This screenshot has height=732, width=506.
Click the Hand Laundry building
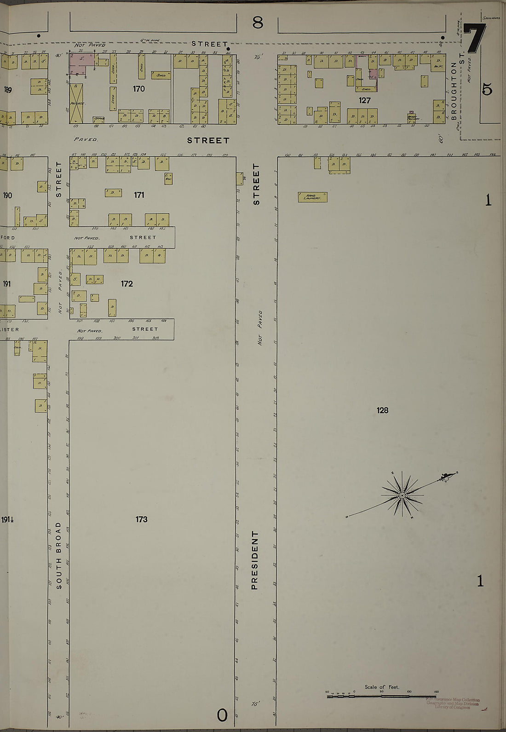(x=312, y=197)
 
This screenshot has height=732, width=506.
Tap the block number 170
(x=138, y=89)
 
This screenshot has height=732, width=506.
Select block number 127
(x=365, y=100)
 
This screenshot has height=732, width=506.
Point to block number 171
(x=139, y=195)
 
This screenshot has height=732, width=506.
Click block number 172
(x=127, y=284)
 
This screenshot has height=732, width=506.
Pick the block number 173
(x=141, y=519)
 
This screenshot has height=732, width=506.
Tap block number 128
(x=382, y=410)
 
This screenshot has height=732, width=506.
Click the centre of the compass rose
(x=402, y=496)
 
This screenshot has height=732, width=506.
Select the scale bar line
(x=382, y=697)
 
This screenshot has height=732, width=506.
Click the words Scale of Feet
(x=382, y=687)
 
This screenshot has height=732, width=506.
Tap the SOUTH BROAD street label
(x=58, y=555)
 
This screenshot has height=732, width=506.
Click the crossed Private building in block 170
(x=76, y=104)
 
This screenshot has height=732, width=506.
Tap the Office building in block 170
(x=99, y=119)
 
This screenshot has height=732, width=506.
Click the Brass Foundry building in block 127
(x=412, y=117)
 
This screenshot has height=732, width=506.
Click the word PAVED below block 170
(x=86, y=138)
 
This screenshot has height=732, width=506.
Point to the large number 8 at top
(x=258, y=21)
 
